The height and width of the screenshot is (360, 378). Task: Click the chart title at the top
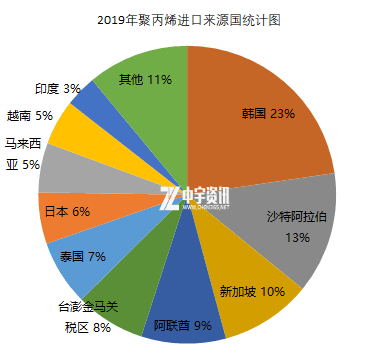(x=188, y=18)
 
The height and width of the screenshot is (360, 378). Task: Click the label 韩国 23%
(x=268, y=114)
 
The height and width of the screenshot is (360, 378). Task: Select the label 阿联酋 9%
(x=182, y=325)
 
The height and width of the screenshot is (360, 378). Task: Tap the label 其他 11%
(x=143, y=79)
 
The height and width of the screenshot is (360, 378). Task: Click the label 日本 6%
(x=67, y=211)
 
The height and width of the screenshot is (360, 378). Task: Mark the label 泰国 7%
(x=83, y=256)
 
